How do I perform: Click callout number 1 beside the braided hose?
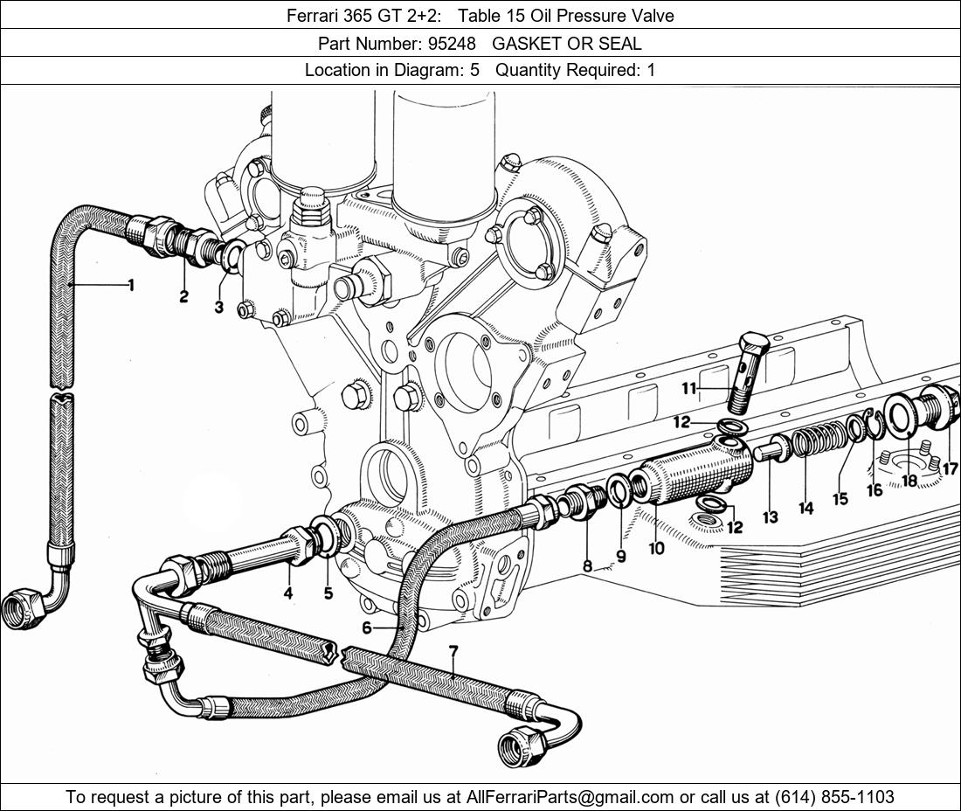pyautogui.click(x=131, y=285)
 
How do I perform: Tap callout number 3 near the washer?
pyautogui.click(x=219, y=307)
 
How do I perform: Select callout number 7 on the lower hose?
pyautogui.click(x=453, y=652)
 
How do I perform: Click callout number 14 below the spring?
pyautogui.click(x=805, y=507)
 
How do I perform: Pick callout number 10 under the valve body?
pyautogui.click(x=657, y=548)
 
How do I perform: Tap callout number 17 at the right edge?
pyautogui.click(x=950, y=469)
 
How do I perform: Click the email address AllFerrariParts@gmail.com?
pyautogui.click(x=570, y=797)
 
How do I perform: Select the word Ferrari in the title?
pyautogui.click(x=312, y=16)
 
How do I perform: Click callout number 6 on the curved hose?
pyautogui.click(x=367, y=627)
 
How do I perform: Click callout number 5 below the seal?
pyautogui.click(x=328, y=593)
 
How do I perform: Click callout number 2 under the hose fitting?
pyautogui.click(x=183, y=297)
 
